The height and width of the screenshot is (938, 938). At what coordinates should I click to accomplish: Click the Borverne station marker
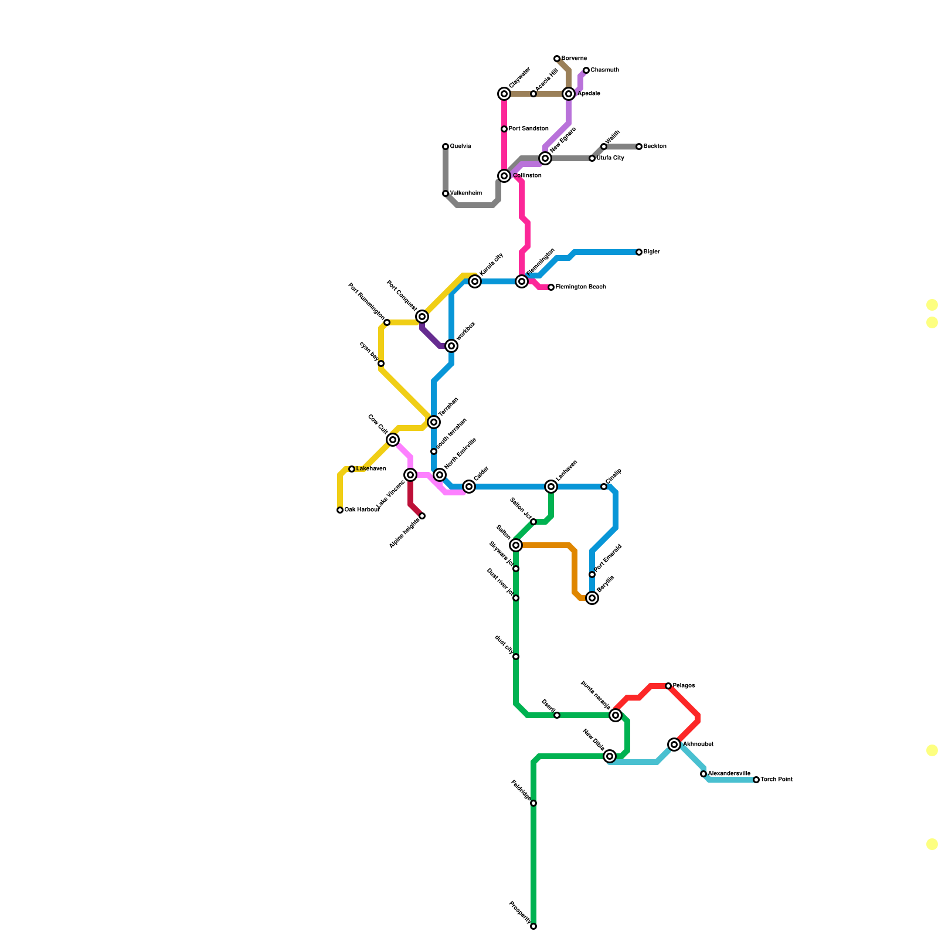coord(557,59)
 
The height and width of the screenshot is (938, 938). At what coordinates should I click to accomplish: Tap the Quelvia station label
coord(460,147)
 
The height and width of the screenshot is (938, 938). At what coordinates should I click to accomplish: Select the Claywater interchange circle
coord(504,94)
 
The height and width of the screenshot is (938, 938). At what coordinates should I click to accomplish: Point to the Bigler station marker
coord(639,252)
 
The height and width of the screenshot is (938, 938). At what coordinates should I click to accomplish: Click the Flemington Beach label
coord(580,287)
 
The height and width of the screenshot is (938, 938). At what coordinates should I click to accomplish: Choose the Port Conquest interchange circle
coord(422,317)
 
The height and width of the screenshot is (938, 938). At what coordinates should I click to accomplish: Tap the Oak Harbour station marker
coord(340,510)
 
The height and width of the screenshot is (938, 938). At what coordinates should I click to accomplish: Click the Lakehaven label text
coord(371,469)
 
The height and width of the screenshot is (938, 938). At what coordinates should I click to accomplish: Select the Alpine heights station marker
coord(422,516)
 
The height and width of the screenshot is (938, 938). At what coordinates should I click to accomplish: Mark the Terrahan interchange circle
coord(434,422)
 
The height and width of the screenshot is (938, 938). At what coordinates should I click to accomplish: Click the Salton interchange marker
coord(516,545)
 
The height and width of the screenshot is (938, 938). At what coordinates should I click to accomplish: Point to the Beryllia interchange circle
coord(592,598)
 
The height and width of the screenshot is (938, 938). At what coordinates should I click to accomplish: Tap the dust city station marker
coord(516,657)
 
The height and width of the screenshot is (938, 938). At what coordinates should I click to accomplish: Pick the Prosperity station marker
coord(533,926)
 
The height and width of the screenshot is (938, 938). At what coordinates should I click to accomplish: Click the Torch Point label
coord(776,780)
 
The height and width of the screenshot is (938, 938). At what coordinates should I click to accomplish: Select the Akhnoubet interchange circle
coord(674,745)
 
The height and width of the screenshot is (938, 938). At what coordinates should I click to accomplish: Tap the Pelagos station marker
coord(668,686)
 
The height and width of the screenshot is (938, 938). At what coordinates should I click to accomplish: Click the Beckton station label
coord(655,147)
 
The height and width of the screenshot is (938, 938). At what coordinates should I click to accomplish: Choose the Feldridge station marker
coord(533,803)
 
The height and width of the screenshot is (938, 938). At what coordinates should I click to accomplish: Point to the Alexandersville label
coord(729,774)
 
